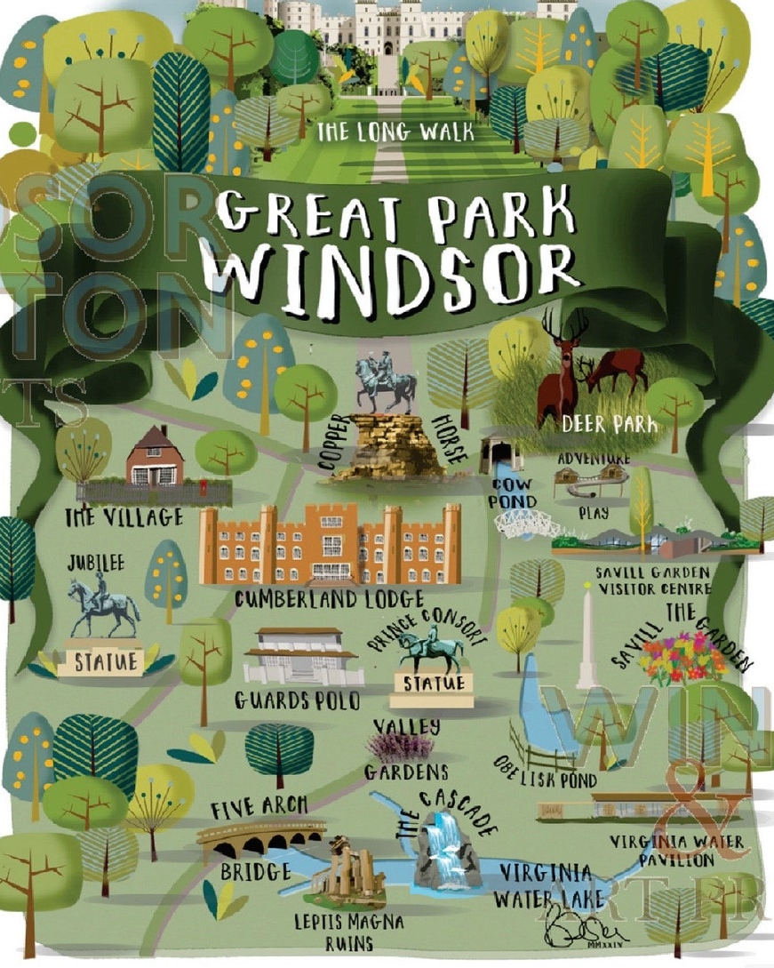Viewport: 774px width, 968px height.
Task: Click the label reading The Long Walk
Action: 395,133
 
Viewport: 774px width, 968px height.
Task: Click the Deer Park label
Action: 610,425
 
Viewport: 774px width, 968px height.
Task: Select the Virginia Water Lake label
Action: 543,884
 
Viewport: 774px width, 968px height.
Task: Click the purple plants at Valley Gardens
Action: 405,748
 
